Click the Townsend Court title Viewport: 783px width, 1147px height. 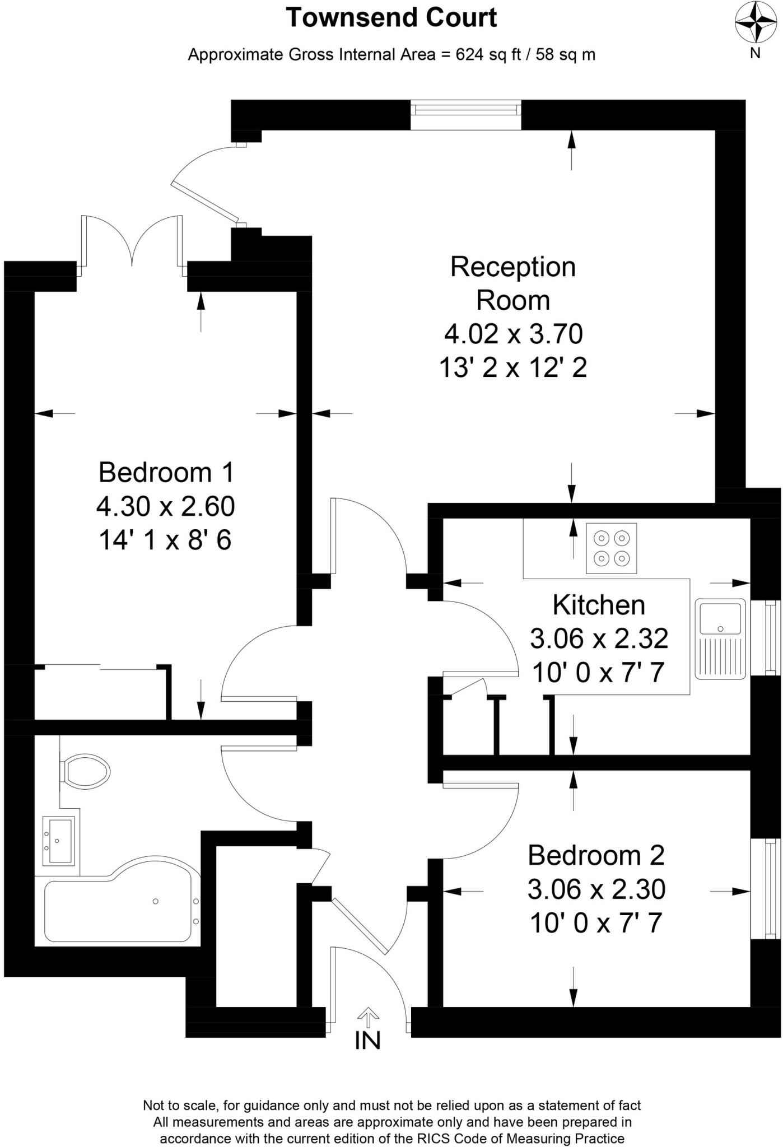pos(391,18)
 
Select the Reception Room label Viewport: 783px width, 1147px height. pos(513,283)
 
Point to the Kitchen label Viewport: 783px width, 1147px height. pos(599,605)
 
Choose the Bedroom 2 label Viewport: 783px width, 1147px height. pos(596,855)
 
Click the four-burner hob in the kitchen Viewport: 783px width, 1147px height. pos(611,548)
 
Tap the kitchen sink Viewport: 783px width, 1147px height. pos(720,638)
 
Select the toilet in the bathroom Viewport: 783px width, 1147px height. pos(86,771)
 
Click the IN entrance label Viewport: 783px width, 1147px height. pos(368,1041)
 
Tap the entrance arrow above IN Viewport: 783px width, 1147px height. pos(368,1017)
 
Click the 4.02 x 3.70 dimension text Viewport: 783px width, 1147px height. pos(513,334)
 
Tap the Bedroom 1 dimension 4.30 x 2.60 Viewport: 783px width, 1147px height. pos(166,506)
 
